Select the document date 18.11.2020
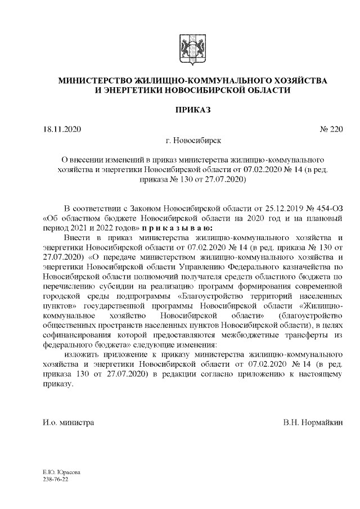[x=62, y=130]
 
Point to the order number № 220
[x=331, y=130]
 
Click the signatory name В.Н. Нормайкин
[x=313, y=421]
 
